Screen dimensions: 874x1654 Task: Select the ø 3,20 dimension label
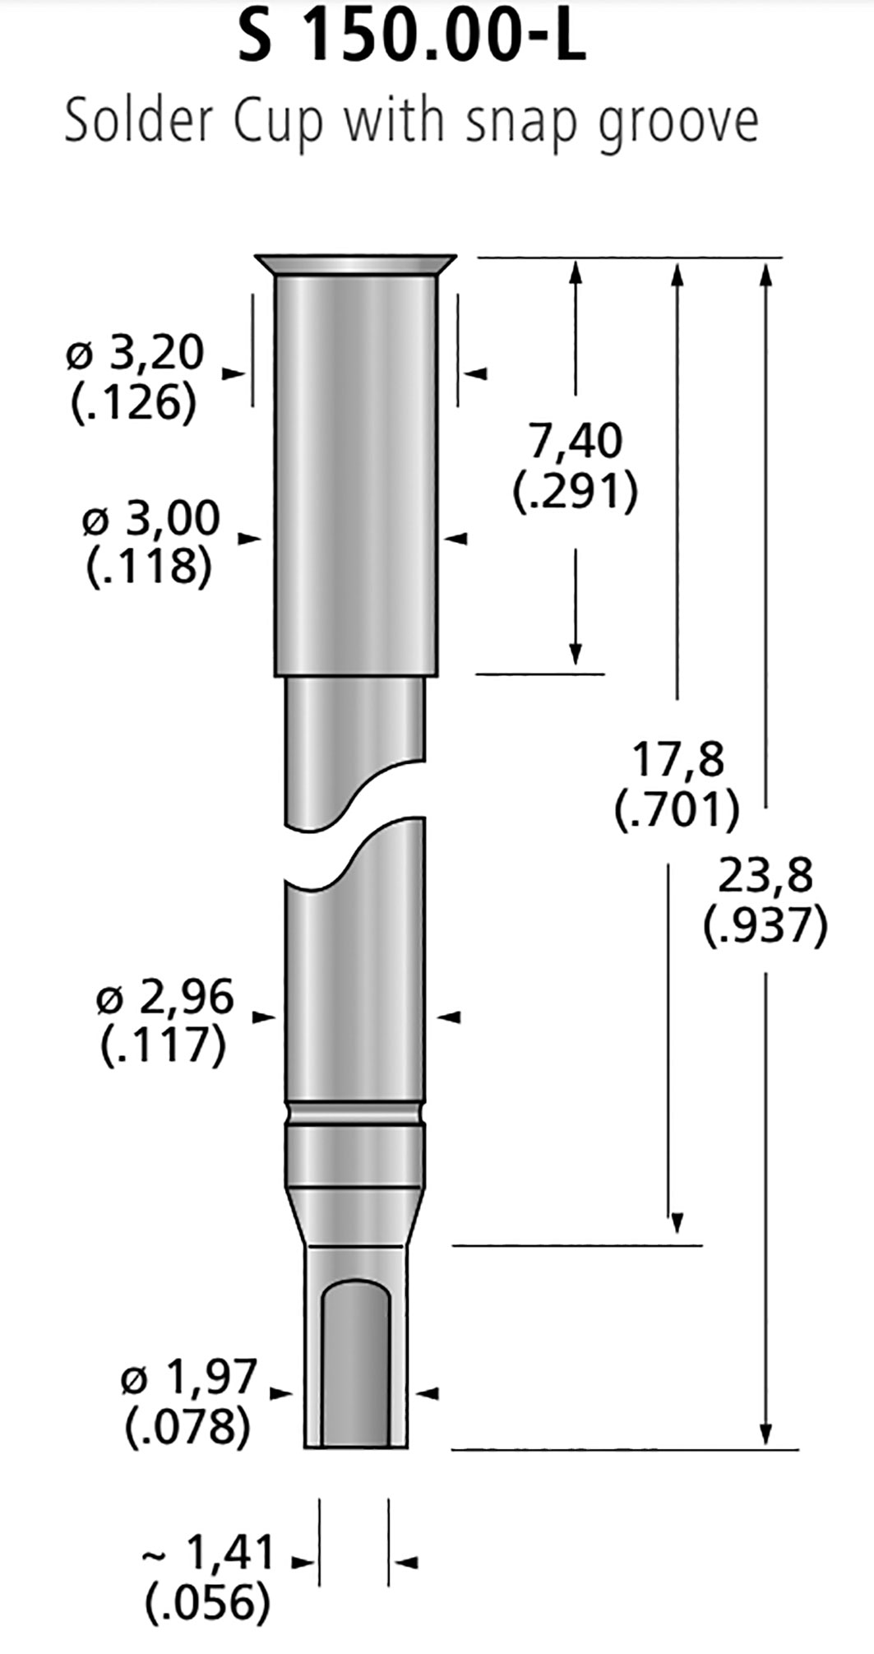[x=135, y=354]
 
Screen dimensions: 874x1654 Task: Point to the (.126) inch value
[x=134, y=403]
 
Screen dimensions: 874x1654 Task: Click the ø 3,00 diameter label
[x=151, y=519]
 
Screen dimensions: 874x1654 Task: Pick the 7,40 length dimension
[x=576, y=441]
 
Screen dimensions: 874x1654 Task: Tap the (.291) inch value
[x=576, y=492]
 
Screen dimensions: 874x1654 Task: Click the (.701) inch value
[x=677, y=810]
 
